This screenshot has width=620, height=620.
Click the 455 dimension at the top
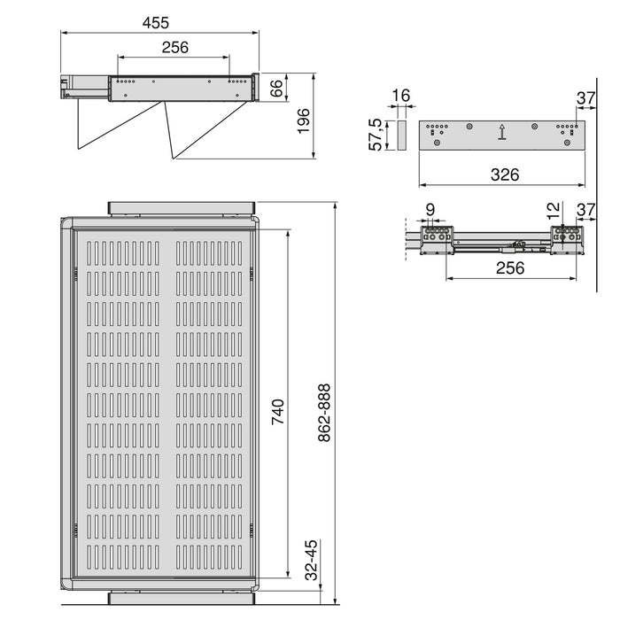pyautogui.click(x=161, y=22)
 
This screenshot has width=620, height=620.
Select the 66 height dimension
pyautogui.click(x=275, y=88)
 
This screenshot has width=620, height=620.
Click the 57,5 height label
pyautogui.click(x=376, y=135)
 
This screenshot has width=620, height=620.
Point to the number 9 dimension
pyautogui.click(x=430, y=210)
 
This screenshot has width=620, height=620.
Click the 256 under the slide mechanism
pyautogui.click(x=509, y=267)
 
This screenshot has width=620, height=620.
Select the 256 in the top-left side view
pyautogui.click(x=174, y=48)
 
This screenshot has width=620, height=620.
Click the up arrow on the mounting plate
pyautogui.click(x=502, y=133)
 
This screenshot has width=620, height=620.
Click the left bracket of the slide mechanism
pyautogui.click(x=435, y=240)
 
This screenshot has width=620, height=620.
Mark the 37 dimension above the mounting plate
pyautogui.click(x=585, y=97)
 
